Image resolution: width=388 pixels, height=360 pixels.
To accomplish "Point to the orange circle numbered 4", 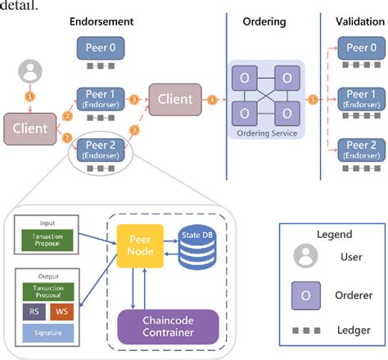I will pos(214,100).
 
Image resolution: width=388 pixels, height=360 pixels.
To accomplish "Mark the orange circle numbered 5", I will pos(312,100).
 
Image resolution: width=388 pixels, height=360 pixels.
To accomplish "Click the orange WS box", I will pos(60,311).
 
